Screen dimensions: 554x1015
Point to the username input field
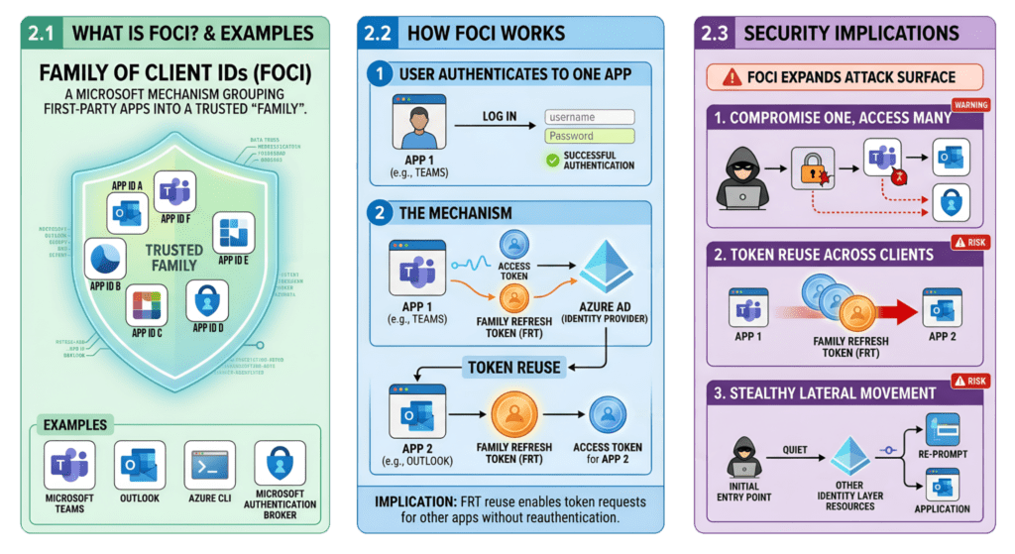tap(590, 117)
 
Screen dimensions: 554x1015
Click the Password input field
tap(590, 136)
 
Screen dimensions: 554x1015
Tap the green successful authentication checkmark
tap(552, 160)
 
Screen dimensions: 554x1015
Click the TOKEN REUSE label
tap(513, 367)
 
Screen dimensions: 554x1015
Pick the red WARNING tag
tap(970, 104)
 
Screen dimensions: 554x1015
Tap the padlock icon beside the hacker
tap(809, 166)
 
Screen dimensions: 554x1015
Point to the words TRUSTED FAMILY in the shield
tap(173, 258)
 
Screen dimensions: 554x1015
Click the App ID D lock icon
tap(207, 299)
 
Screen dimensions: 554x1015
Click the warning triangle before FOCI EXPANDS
tap(733, 76)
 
